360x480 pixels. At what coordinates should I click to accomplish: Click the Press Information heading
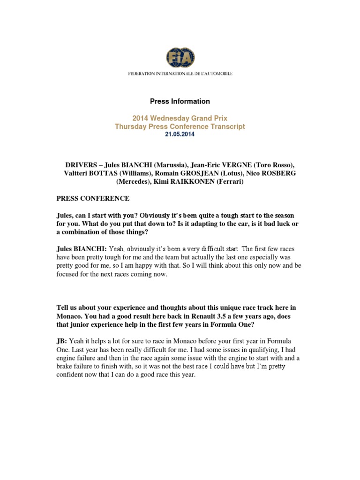click(180, 101)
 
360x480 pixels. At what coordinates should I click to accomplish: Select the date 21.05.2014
click(180, 134)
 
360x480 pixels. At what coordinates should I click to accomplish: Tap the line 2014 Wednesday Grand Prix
click(180, 118)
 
